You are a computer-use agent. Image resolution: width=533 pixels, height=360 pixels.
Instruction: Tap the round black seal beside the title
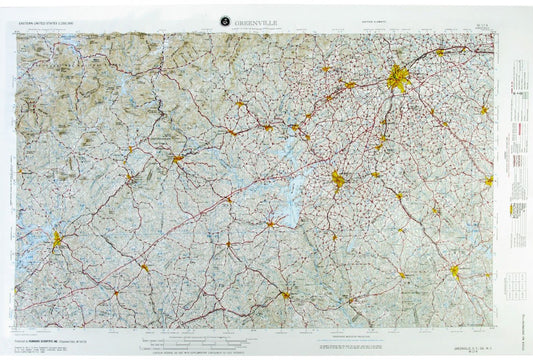225,21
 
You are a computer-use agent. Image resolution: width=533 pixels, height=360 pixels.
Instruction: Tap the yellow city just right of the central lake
339,180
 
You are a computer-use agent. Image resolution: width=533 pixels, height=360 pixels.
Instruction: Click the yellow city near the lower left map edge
57,239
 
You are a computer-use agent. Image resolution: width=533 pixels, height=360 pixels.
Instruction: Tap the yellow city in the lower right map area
455,270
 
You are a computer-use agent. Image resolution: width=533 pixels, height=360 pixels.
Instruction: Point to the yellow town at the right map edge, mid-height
489,181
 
